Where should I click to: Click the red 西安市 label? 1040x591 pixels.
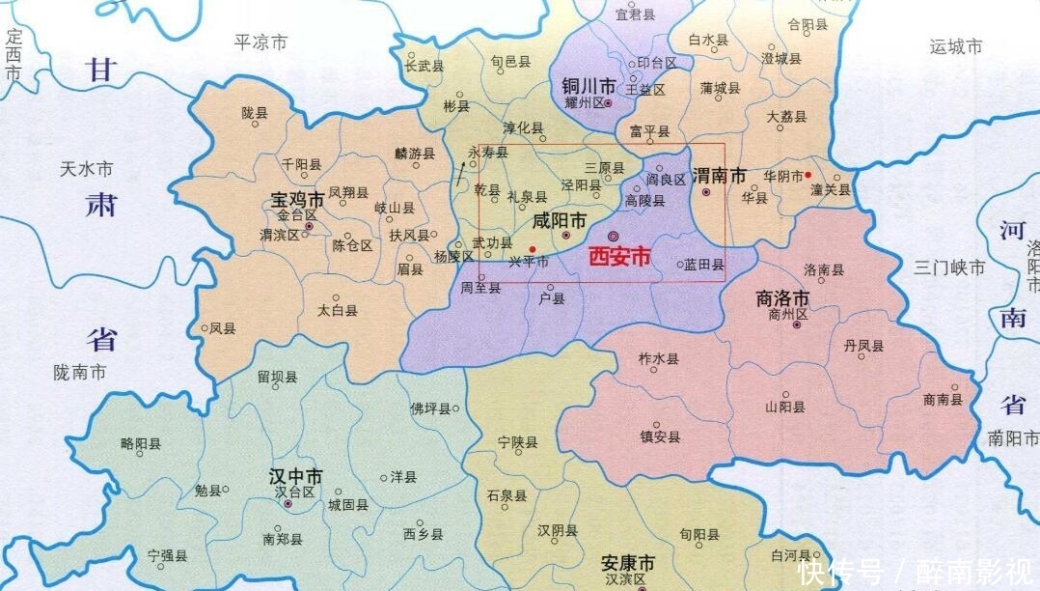(619, 257)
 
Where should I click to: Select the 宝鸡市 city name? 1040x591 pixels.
(295, 200)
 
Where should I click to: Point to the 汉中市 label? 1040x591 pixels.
(295, 476)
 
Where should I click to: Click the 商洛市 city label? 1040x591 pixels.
(782, 298)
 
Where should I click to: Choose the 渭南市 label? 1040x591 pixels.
(721, 177)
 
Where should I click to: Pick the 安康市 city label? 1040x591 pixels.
(627, 563)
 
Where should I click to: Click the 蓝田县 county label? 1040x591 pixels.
(705, 264)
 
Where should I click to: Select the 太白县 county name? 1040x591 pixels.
(338, 311)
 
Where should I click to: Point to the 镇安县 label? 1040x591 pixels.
(660, 436)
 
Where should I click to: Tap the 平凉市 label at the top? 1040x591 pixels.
(260, 42)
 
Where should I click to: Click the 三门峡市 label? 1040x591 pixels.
(950, 267)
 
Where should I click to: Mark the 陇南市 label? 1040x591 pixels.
(80, 372)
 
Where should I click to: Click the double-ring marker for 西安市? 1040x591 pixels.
(613, 236)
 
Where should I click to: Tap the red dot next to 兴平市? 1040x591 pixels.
(532, 249)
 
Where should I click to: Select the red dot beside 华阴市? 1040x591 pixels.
(807, 175)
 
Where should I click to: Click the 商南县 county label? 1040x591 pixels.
(943, 399)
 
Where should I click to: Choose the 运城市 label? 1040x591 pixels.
(955, 46)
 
